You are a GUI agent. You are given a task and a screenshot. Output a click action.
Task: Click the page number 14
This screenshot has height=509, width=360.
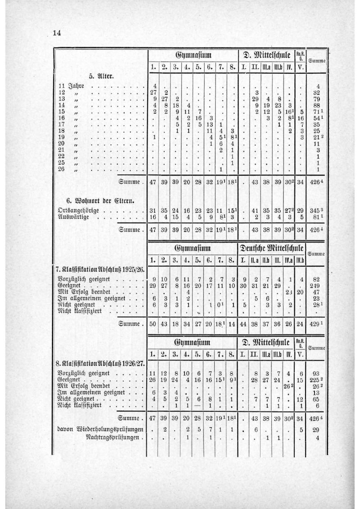coord(57,33)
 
